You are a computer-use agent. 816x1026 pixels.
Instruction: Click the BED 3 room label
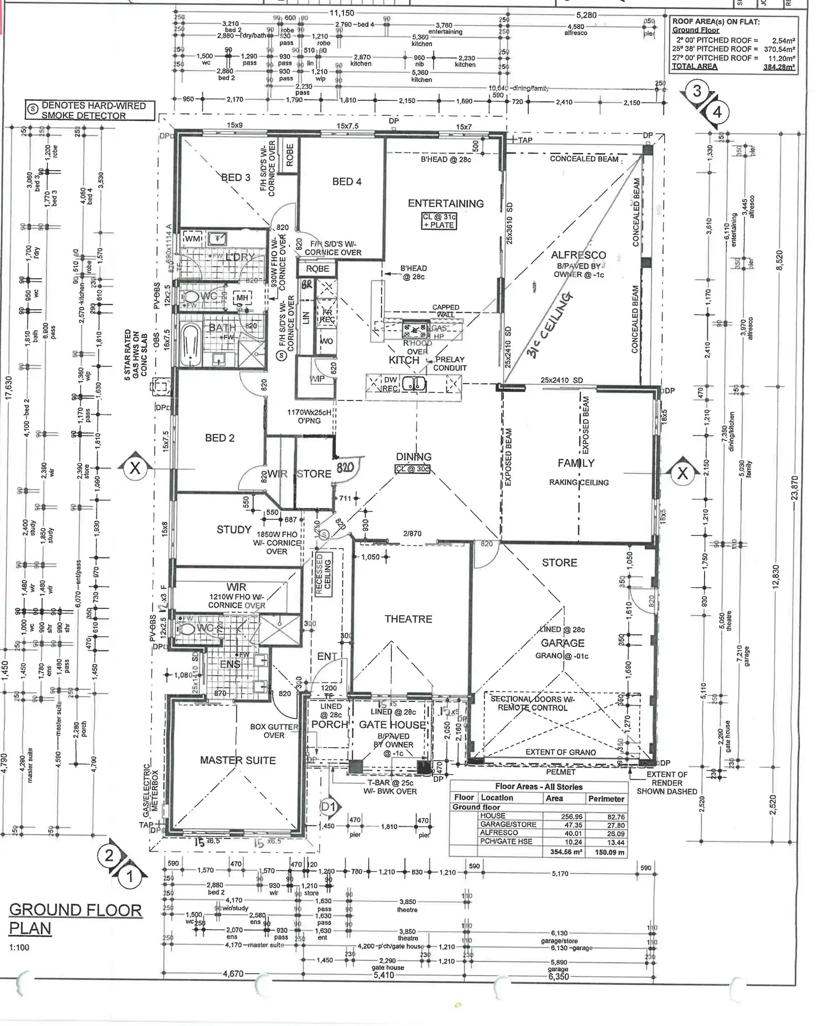coord(236,178)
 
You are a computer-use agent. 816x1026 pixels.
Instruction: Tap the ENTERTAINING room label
coord(446,203)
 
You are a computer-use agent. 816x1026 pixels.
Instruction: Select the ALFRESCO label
coord(578,255)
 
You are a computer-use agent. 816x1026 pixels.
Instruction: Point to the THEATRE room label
coord(408,619)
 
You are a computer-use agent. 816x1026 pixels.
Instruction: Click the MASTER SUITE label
coord(238,760)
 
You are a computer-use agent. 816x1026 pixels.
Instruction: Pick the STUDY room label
coord(234,530)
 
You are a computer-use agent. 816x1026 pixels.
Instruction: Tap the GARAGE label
coord(563,643)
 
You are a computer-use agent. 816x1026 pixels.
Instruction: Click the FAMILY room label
coord(576,463)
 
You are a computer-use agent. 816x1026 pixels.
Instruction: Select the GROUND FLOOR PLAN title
coord(75,919)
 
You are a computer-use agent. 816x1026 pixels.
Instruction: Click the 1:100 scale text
coord(19,947)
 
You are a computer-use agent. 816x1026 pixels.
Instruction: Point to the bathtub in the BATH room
coord(190,345)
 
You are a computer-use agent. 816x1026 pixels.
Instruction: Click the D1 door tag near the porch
coord(329,807)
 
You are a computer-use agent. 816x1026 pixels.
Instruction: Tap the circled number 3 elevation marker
coord(697,91)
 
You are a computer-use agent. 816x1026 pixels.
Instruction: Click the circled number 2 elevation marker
coord(109,855)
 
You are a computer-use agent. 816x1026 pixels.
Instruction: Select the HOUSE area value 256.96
coord(572,816)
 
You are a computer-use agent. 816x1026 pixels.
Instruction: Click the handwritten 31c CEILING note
coord(549,324)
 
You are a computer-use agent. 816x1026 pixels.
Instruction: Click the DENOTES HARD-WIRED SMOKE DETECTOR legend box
coord(89,110)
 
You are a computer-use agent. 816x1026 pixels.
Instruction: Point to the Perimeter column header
coord(606,798)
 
